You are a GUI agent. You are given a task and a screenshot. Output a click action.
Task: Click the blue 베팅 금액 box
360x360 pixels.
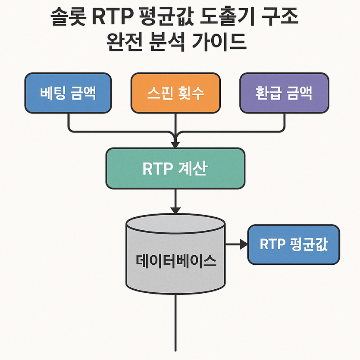point(68,93)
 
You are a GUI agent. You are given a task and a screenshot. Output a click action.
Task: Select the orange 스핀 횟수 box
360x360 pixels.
point(175,93)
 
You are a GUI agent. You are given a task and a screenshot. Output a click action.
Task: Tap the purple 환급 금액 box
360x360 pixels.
point(284,93)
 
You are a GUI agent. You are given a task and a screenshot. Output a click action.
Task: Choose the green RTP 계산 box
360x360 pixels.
point(175,169)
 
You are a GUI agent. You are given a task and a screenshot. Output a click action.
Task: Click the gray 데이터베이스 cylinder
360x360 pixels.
point(175,254)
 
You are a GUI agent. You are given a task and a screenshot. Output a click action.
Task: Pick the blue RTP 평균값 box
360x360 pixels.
point(294,244)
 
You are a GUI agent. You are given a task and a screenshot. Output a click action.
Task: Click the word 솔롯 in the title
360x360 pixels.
point(68,17)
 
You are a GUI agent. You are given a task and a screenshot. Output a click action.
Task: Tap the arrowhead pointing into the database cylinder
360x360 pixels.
point(175,210)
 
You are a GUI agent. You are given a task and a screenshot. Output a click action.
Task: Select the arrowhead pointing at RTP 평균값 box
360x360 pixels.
point(244,244)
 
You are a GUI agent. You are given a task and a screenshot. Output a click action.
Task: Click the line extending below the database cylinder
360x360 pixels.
point(175,322)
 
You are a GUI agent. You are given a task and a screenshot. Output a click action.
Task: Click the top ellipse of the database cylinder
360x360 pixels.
point(175,224)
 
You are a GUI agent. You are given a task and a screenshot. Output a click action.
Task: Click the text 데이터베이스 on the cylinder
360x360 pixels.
point(176,261)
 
